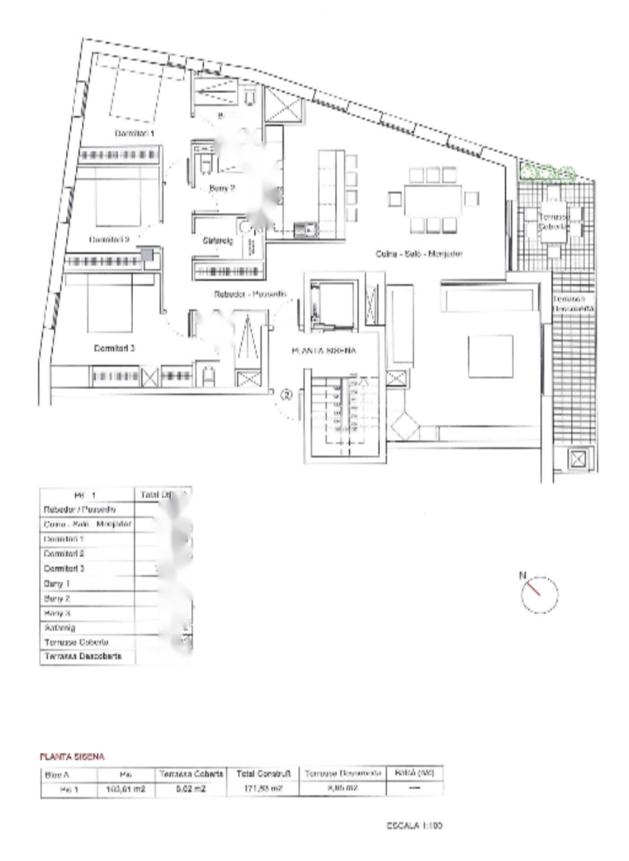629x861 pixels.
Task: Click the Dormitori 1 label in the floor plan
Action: tap(135, 134)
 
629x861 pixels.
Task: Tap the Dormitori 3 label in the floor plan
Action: tap(114, 348)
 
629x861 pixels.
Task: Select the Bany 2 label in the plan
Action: tap(221, 189)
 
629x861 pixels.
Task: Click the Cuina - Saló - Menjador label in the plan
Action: tap(418, 254)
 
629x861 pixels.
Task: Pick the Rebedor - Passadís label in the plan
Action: tap(250, 294)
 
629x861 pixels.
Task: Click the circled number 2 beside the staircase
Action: tap(286, 396)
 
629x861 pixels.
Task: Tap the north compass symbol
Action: tap(540, 594)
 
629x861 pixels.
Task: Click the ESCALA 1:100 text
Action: tap(414, 825)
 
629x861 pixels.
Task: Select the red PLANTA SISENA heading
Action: tap(72, 757)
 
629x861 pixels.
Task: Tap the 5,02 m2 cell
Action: tap(191, 790)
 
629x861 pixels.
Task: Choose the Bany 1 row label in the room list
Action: tap(57, 584)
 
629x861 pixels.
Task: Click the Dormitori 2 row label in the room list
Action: tap(64, 554)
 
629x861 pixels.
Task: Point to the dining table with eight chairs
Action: tap(433, 199)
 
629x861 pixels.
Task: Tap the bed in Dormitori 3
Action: tap(110, 306)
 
